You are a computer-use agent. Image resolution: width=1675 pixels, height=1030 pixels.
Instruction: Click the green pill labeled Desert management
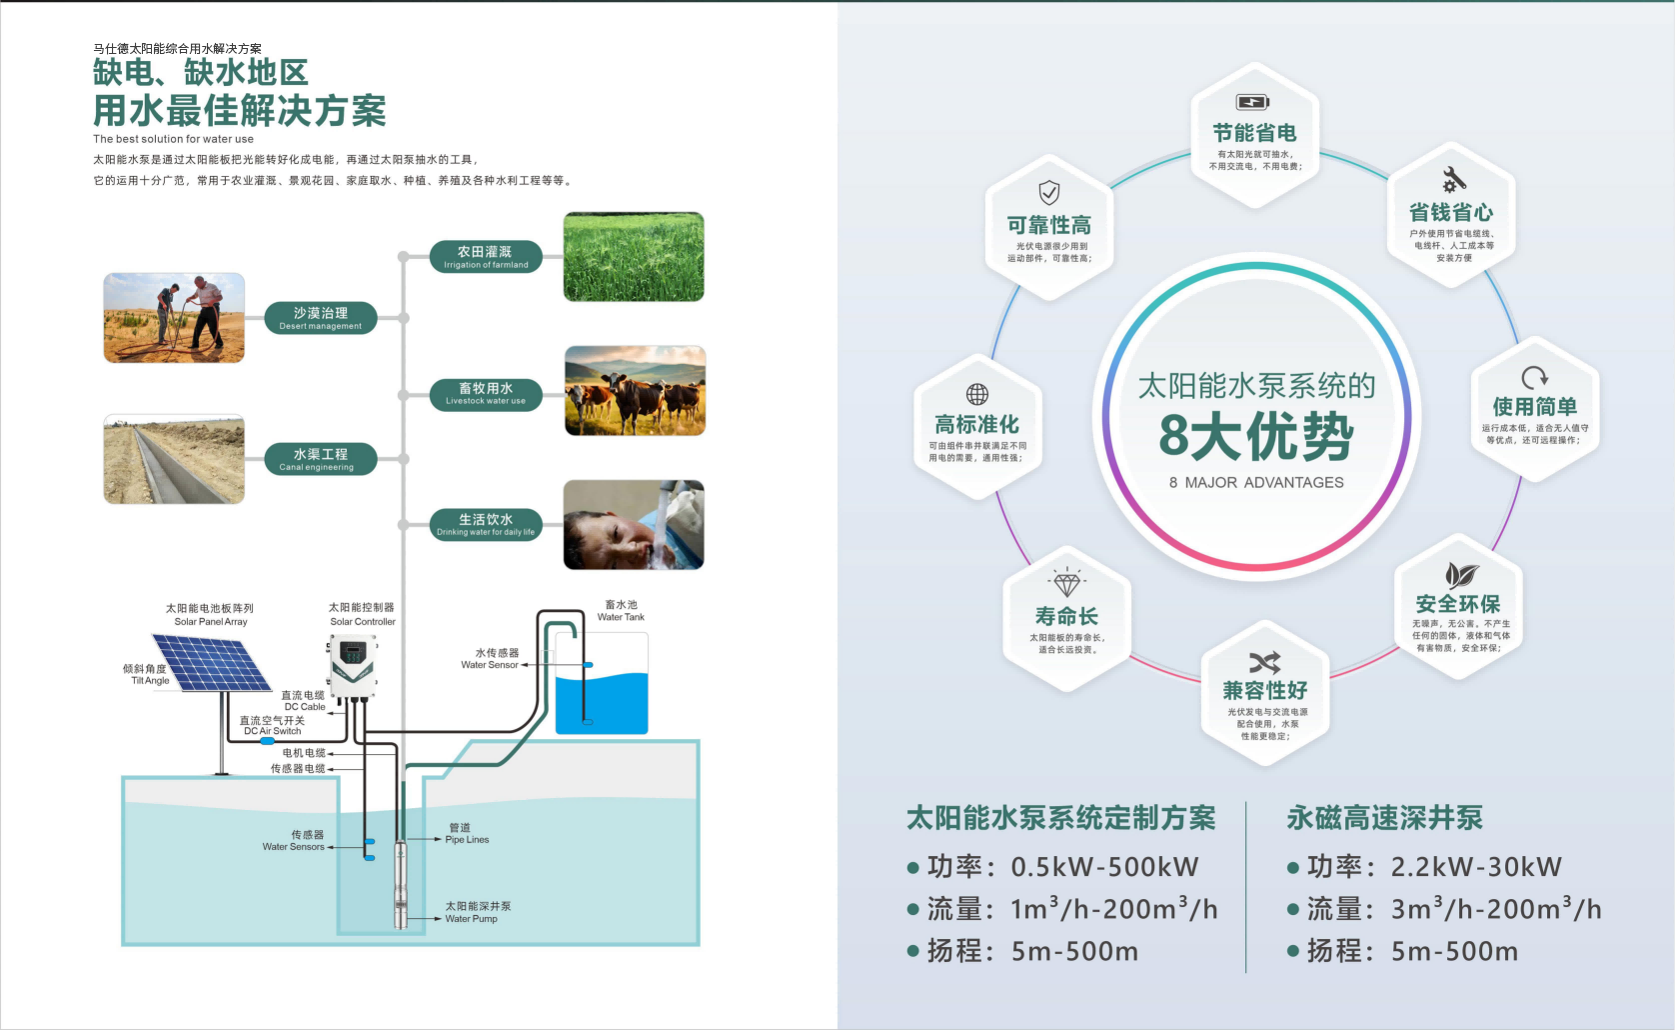click(x=321, y=318)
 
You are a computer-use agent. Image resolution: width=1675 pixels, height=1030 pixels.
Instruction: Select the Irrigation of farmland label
click(x=486, y=257)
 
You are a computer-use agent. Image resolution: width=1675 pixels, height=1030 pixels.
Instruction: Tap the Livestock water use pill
click(x=486, y=394)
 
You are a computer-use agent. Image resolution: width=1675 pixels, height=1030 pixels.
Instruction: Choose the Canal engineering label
click(x=320, y=459)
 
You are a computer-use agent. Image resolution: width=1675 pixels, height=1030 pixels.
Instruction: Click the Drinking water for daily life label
click(x=486, y=525)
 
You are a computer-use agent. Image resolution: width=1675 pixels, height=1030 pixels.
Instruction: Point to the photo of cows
click(x=635, y=391)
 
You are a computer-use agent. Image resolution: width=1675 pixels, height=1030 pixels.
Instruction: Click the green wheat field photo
click(x=634, y=257)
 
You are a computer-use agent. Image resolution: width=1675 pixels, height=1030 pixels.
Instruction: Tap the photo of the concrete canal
click(x=174, y=460)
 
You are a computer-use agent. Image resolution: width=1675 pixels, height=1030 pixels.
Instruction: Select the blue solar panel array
click(x=211, y=663)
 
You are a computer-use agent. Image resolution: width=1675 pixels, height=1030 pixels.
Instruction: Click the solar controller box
click(x=353, y=665)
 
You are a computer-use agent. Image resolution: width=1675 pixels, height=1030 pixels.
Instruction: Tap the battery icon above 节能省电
click(x=1253, y=102)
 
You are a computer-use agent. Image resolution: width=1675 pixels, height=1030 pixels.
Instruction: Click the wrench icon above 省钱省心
click(x=1453, y=180)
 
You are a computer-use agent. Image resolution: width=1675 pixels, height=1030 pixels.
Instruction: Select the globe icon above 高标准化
click(x=977, y=394)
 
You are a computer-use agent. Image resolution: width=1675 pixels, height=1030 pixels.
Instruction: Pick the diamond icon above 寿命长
click(x=1066, y=583)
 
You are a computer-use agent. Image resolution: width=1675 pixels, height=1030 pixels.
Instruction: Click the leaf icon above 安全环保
click(x=1460, y=575)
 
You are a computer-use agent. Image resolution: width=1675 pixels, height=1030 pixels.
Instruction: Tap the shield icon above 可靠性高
click(x=1048, y=192)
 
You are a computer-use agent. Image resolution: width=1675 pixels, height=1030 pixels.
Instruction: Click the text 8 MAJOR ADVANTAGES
click(x=1256, y=483)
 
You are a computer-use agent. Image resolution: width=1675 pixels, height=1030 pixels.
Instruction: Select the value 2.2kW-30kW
click(x=1476, y=867)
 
